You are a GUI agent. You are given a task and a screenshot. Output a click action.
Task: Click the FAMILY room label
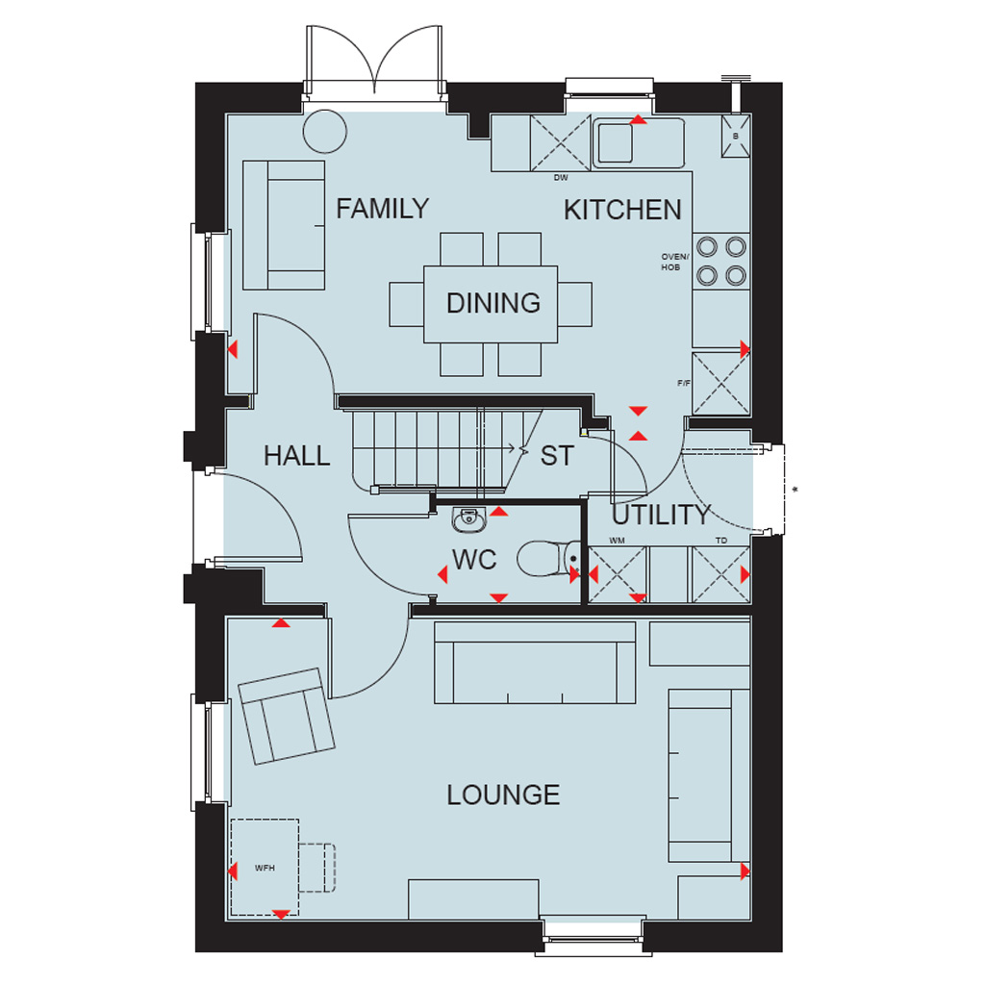382,209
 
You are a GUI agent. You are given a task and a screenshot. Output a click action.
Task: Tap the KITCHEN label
622,210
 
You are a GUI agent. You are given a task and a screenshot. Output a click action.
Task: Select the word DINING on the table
493,303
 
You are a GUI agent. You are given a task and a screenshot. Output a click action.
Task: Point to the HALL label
296,456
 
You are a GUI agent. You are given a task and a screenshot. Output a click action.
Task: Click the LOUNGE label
503,796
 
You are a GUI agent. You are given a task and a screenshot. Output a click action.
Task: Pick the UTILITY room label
662,516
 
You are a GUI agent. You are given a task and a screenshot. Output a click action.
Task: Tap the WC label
474,560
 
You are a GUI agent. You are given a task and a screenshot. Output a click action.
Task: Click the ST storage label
557,456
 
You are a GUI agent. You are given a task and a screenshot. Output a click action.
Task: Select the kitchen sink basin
615,143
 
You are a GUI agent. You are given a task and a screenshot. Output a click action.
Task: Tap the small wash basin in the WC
468,518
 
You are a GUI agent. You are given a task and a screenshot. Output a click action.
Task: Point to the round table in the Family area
325,131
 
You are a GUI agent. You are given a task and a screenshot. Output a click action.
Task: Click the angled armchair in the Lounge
287,716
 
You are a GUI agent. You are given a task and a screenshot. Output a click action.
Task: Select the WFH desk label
265,869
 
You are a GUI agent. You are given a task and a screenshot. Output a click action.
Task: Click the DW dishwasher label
561,178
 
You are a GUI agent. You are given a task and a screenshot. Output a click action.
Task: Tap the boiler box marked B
736,136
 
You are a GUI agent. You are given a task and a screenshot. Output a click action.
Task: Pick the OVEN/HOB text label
674,262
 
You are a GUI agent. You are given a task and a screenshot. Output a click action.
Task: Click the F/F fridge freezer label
684,383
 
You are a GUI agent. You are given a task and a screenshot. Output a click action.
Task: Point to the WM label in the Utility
617,541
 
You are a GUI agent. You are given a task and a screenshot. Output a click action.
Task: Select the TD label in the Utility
721,541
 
